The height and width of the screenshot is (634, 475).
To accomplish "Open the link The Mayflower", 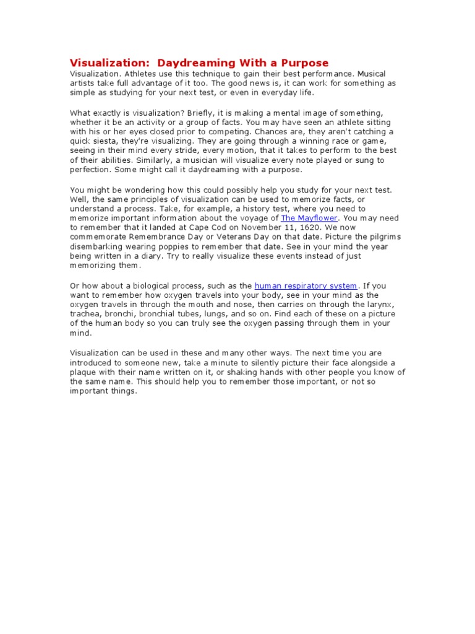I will (309, 218).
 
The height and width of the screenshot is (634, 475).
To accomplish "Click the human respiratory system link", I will (306, 285).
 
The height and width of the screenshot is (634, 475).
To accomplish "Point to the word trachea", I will (84, 314).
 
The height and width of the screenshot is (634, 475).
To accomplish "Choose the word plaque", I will (84, 372).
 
